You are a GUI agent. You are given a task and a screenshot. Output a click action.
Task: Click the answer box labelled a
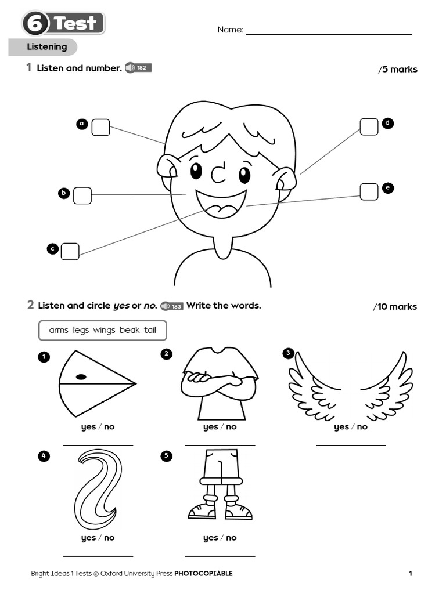(100, 127)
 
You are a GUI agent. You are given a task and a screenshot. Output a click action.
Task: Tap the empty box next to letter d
(369, 126)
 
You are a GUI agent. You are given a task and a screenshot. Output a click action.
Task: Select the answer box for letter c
(70, 251)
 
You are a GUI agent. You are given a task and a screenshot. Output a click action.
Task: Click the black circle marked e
(387, 188)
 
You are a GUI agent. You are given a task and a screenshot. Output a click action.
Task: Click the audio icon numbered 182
(138, 68)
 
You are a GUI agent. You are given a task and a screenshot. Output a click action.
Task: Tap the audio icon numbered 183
(172, 306)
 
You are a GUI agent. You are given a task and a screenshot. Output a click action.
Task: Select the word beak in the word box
(130, 330)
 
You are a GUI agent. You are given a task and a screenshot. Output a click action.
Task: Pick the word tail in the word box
(150, 330)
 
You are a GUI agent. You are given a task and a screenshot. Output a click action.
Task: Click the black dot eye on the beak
(81, 377)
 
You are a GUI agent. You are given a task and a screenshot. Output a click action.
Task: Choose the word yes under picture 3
(341, 427)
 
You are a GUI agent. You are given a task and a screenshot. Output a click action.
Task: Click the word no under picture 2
(231, 427)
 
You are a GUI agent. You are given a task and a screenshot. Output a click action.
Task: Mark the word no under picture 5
(231, 538)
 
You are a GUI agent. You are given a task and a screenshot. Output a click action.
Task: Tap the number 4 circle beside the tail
(44, 456)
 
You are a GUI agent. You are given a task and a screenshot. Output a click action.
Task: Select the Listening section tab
(46, 47)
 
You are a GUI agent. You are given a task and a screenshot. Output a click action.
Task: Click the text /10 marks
(395, 307)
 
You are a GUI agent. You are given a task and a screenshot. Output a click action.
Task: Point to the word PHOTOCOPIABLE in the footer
(203, 574)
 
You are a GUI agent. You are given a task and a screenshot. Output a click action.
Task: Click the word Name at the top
(230, 30)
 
